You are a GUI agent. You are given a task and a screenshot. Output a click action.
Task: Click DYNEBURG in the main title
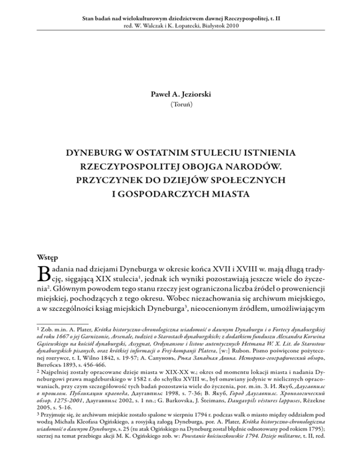(x=92, y=152)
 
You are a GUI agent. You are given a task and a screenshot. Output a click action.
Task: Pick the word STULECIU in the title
(x=220, y=152)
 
